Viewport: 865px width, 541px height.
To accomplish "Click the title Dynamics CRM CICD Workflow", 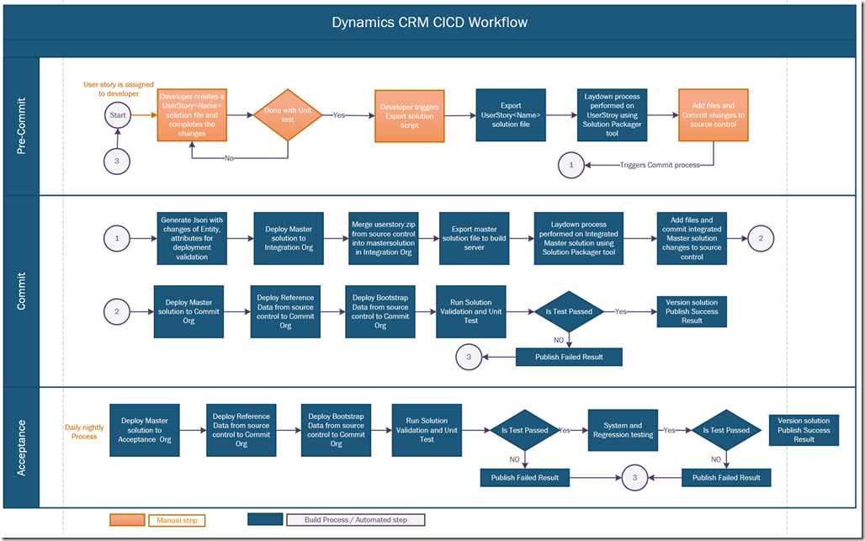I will [430, 23].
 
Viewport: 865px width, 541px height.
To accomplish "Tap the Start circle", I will [118, 114].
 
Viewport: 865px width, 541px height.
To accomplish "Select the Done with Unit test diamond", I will [288, 114].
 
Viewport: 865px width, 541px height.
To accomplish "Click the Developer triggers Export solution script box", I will [409, 115].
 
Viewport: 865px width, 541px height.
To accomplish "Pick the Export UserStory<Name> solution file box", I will [511, 115].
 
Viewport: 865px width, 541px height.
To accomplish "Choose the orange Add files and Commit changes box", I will [714, 115].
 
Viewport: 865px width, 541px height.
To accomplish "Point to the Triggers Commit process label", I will [660, 166].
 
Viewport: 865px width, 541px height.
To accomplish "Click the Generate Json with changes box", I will [193, 238].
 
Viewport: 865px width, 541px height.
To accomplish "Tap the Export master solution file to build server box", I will [474, 238].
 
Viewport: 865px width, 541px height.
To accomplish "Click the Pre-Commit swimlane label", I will [22, 126].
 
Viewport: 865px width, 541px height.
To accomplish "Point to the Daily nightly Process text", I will [85, 432].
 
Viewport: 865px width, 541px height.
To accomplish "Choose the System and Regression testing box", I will [624, 430].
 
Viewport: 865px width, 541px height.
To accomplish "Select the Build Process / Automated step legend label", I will [354, 520].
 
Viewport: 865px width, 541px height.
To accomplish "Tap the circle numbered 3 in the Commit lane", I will [470, 358].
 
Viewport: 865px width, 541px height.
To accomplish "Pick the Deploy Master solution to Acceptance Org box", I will [144, 430].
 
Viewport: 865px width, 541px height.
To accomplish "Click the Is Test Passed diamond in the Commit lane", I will [570, 311].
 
